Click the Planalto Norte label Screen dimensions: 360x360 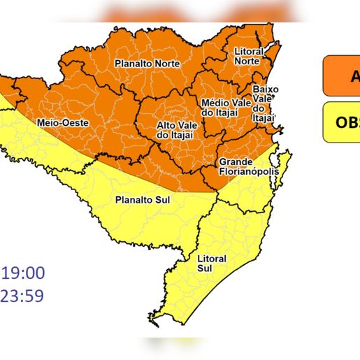coord(147,64)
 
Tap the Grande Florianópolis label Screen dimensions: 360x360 coord(239,165)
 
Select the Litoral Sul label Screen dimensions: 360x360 coord(212,264)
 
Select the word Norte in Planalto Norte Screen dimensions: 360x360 coord(166,64)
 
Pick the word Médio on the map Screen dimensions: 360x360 coord(214,102)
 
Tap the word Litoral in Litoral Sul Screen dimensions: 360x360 coord(212,259)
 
